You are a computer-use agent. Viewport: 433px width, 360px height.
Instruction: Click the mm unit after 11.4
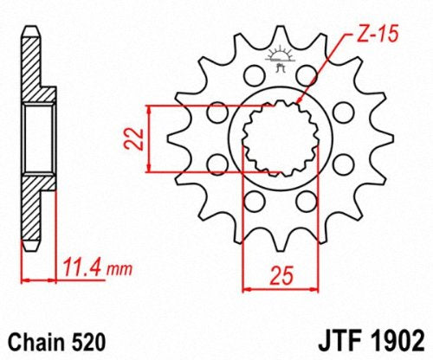pos(107,266)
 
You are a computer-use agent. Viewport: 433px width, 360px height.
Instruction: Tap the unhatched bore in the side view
pos(36,138)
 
